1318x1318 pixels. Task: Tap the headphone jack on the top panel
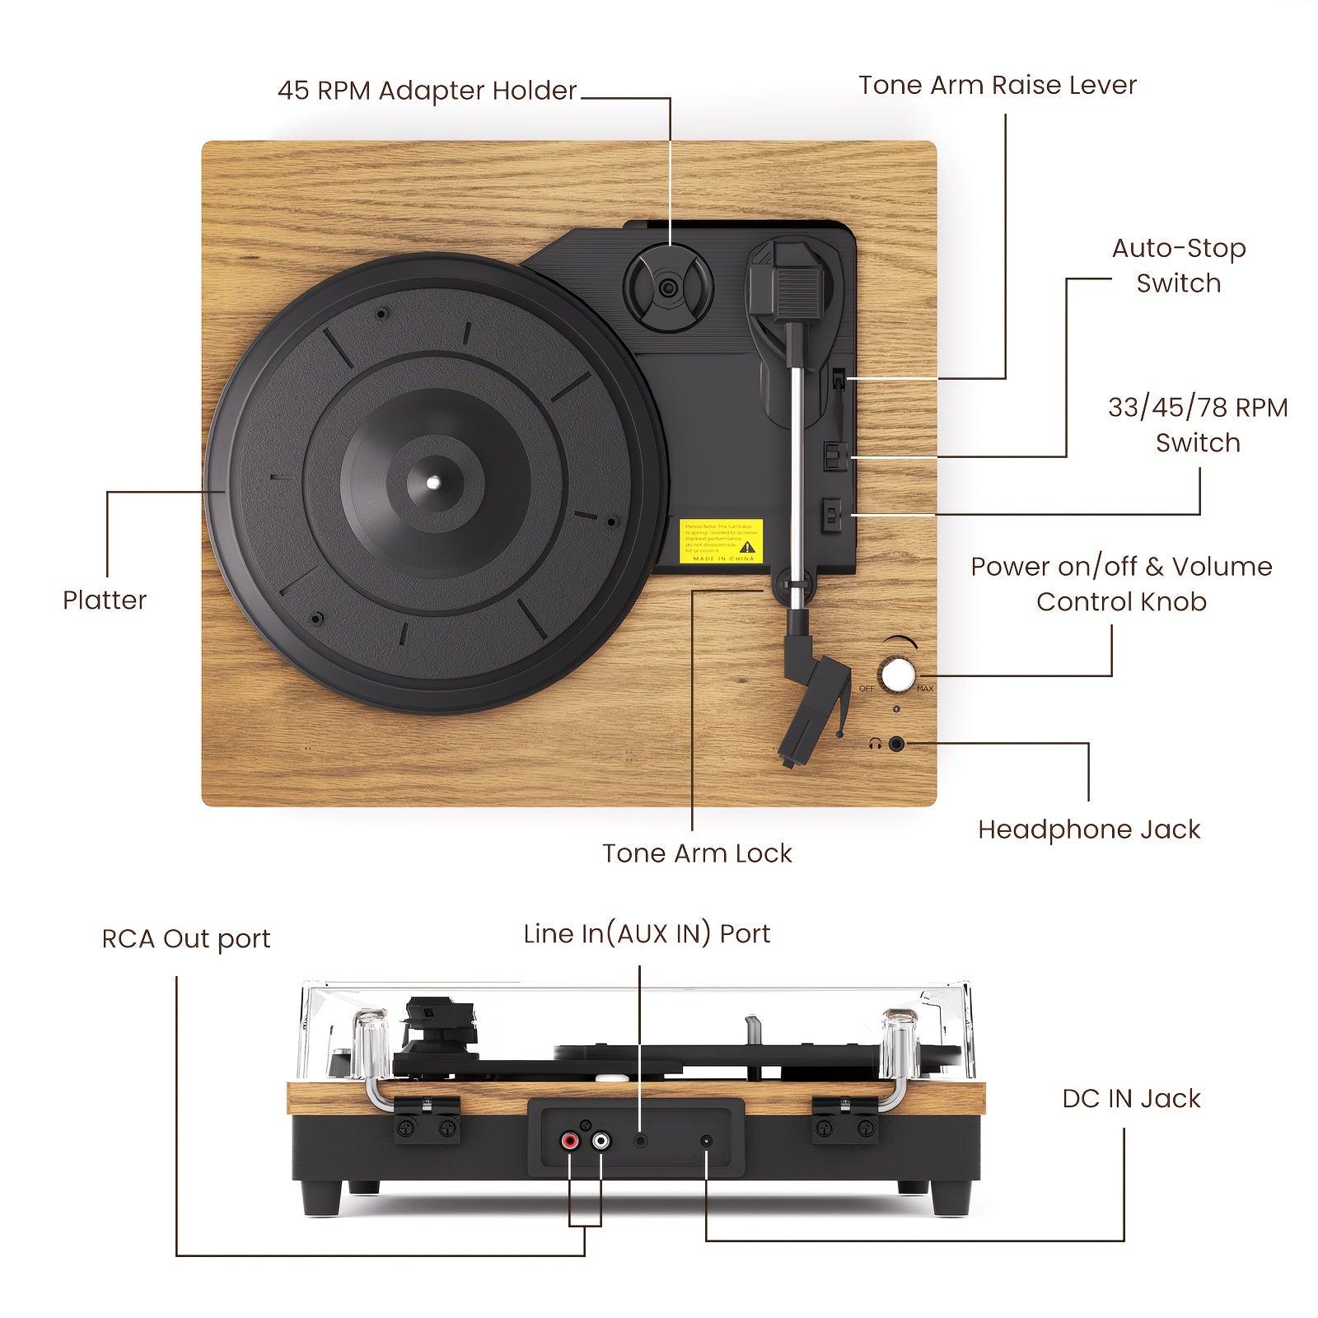coord(897,745)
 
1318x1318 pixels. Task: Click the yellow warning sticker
coord(721,540)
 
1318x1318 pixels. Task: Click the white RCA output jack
coord(601,1142)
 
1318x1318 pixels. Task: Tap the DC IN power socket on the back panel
coord(706,1142)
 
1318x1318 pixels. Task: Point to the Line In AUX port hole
coord(641,1141)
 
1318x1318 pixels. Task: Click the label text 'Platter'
coord(105,600)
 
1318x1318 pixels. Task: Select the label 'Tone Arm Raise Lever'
coord(997,85)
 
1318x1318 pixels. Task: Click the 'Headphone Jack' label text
coord(1088,829)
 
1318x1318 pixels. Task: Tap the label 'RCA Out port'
coord(185,938)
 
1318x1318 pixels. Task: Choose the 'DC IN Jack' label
coord(1131,1098)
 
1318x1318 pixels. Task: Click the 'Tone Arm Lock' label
coord(697,853)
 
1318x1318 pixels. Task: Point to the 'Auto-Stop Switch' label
coord(1178,265)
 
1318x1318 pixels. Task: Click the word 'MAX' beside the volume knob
coord(925,689)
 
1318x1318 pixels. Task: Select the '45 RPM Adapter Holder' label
coord(427,90)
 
